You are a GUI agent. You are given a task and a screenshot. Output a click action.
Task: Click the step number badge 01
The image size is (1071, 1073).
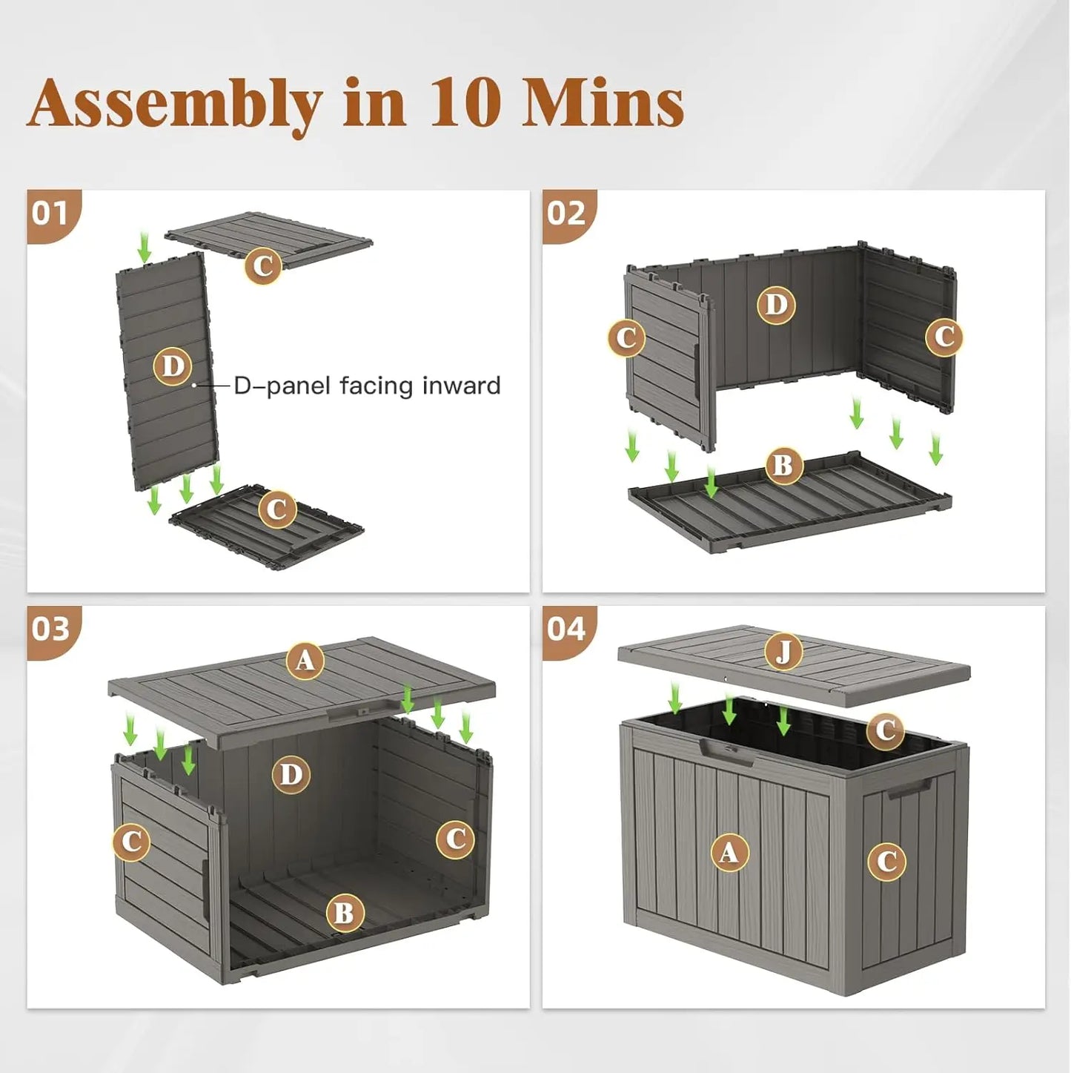coord(50,214)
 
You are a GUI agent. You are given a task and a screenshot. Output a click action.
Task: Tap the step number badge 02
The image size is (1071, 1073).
coord(566,214)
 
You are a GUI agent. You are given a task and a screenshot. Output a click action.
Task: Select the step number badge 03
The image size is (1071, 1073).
coord(50,629)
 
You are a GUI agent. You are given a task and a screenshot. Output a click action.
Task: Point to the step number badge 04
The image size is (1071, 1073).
coord(566,629)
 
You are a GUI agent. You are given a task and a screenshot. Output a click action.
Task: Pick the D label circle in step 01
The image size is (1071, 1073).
coord(172,366)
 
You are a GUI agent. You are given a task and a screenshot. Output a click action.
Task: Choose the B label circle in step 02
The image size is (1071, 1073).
coord(783,466)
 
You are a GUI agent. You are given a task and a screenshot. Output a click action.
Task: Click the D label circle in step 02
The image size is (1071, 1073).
coord(776,305)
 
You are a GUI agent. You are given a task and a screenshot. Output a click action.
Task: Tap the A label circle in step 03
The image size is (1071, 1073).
coord(305,660)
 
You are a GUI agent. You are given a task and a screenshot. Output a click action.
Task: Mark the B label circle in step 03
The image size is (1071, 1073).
coord(345,913)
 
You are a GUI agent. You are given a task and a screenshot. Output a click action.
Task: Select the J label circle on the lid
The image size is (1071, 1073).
coord(783,652)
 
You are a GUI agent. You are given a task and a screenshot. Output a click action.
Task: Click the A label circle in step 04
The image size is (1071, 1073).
coord(729,852)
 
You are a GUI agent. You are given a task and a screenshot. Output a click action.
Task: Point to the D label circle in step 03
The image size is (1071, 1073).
coord(291,775)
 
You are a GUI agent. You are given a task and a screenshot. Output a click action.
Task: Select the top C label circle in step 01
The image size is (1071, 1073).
coord(263,265)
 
